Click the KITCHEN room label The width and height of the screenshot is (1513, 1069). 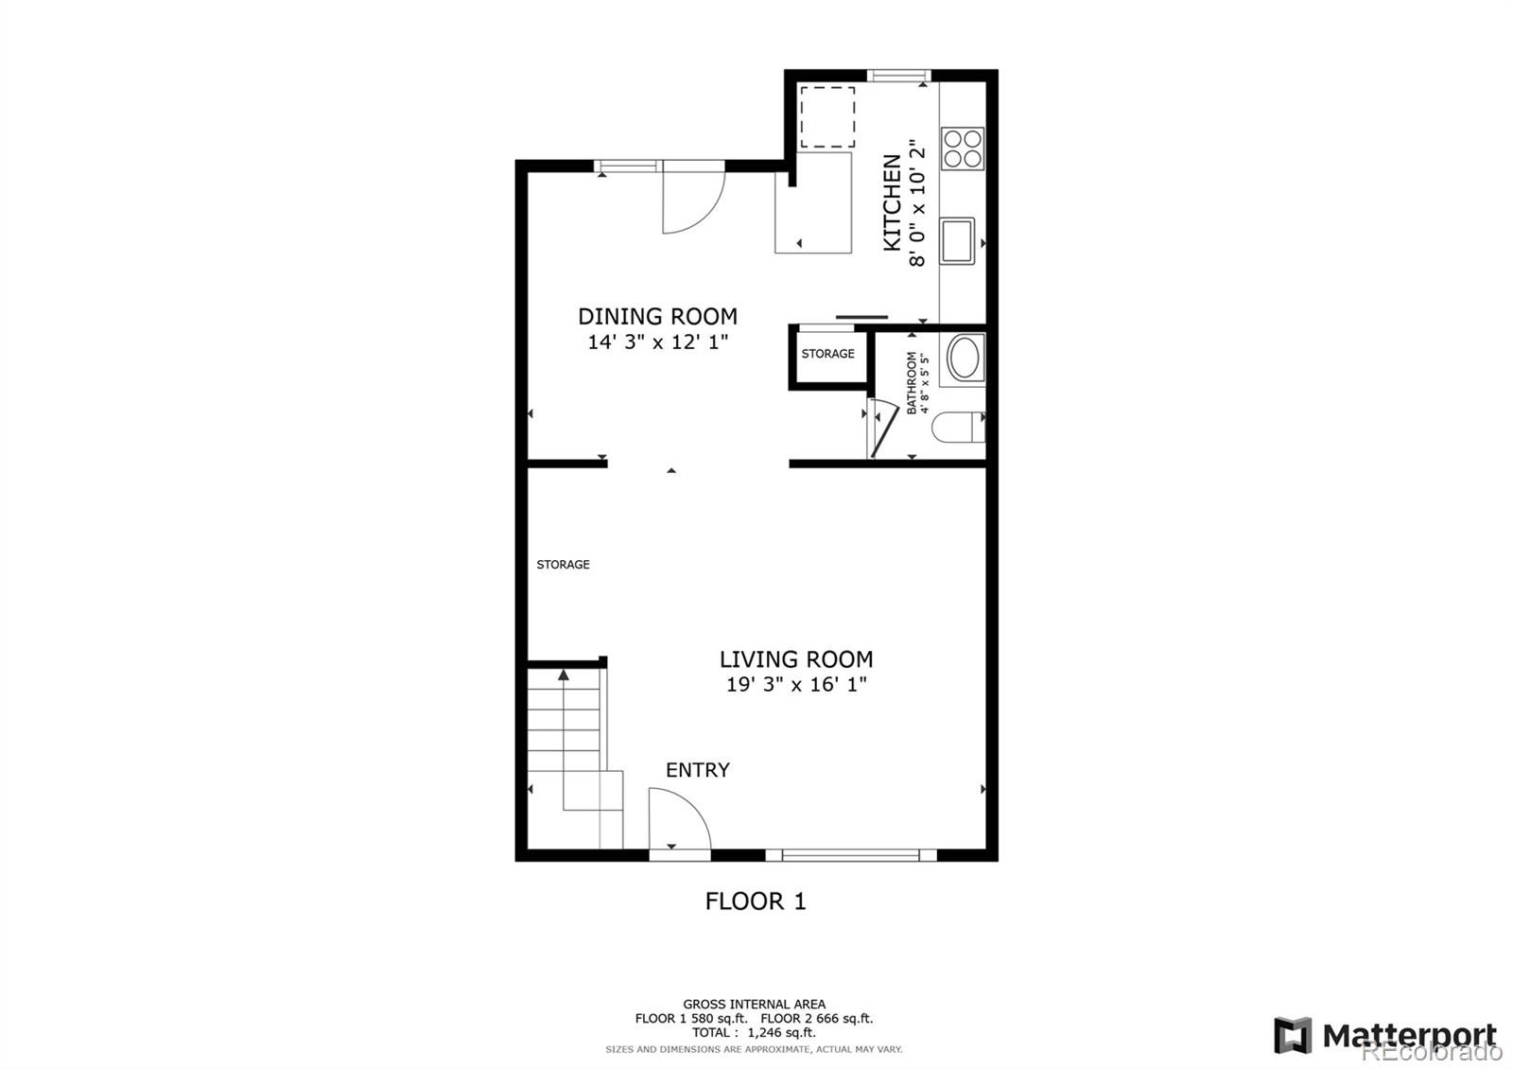tap(892, 203)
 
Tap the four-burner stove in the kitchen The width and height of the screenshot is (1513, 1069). tap(963, 149)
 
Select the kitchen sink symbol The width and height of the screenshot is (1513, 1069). tap(957, 241)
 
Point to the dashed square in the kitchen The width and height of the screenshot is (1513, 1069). tap(827, 117)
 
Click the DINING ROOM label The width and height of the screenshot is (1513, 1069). tap(657, 317)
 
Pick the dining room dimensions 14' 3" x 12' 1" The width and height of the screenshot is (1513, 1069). tap(657, 342)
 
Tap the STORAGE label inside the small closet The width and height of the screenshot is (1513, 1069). tap(827, 354)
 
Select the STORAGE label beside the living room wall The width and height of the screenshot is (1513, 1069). tap(563, 565)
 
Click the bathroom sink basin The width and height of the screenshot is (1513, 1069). tap(965, 359)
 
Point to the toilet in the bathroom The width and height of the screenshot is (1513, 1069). tap(958, 428)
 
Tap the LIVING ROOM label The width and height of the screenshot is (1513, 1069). tap(796, 659)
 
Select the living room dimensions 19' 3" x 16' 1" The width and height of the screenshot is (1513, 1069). tap(796, 685)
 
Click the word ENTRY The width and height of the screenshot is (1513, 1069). tap(697, 770)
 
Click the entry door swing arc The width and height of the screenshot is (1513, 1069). tap(681, 818)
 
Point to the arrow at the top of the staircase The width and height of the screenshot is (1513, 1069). tap(564, 675)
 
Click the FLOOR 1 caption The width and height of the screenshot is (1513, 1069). tap(756, 902)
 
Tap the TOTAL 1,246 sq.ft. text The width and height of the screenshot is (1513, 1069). tap(754, 1033)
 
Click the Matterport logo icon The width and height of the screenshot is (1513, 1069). tap(1293, 1035)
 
